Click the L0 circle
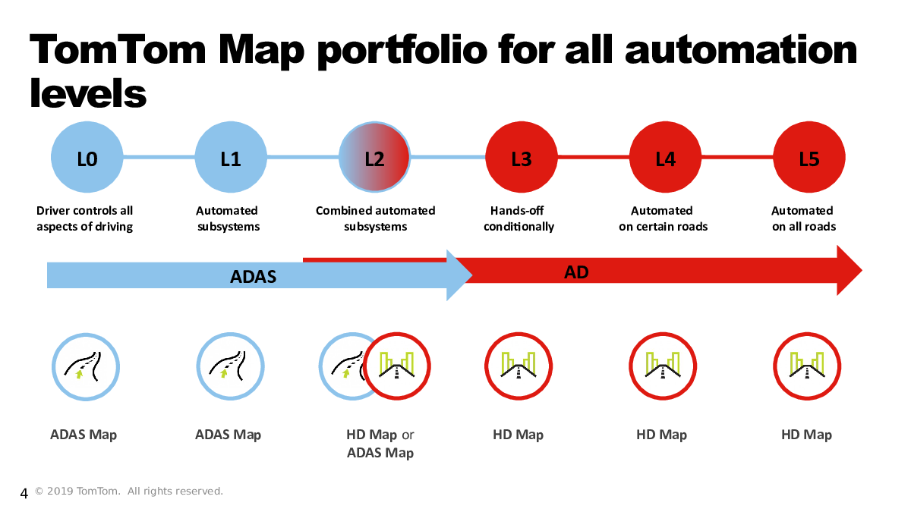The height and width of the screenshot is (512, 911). tap(87, 159)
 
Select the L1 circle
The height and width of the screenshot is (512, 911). tap(231, 159)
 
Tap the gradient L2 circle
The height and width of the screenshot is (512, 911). tap(374, 159)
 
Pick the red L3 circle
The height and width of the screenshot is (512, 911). tap(522, 159)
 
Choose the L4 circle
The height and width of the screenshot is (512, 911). tap(665, 159)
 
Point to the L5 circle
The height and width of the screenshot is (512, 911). tap(809, 159)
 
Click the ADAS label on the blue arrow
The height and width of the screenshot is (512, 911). tap(253, 278)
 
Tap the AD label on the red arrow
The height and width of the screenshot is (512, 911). tap(576, 272)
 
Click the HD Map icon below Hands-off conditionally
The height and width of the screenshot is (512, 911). tap(519, 366)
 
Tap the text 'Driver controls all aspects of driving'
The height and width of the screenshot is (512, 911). tap(85, 218)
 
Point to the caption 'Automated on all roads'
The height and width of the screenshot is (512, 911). tap(803, 218)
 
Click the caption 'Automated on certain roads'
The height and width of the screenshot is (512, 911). tap(663, 218)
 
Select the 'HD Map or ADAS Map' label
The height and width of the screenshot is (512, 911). tap(380, 444)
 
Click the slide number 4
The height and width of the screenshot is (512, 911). tap(24, 495)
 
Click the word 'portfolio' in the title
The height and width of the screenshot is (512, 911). tap(401, 50)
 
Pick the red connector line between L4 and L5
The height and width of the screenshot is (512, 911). tap(736, 157)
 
